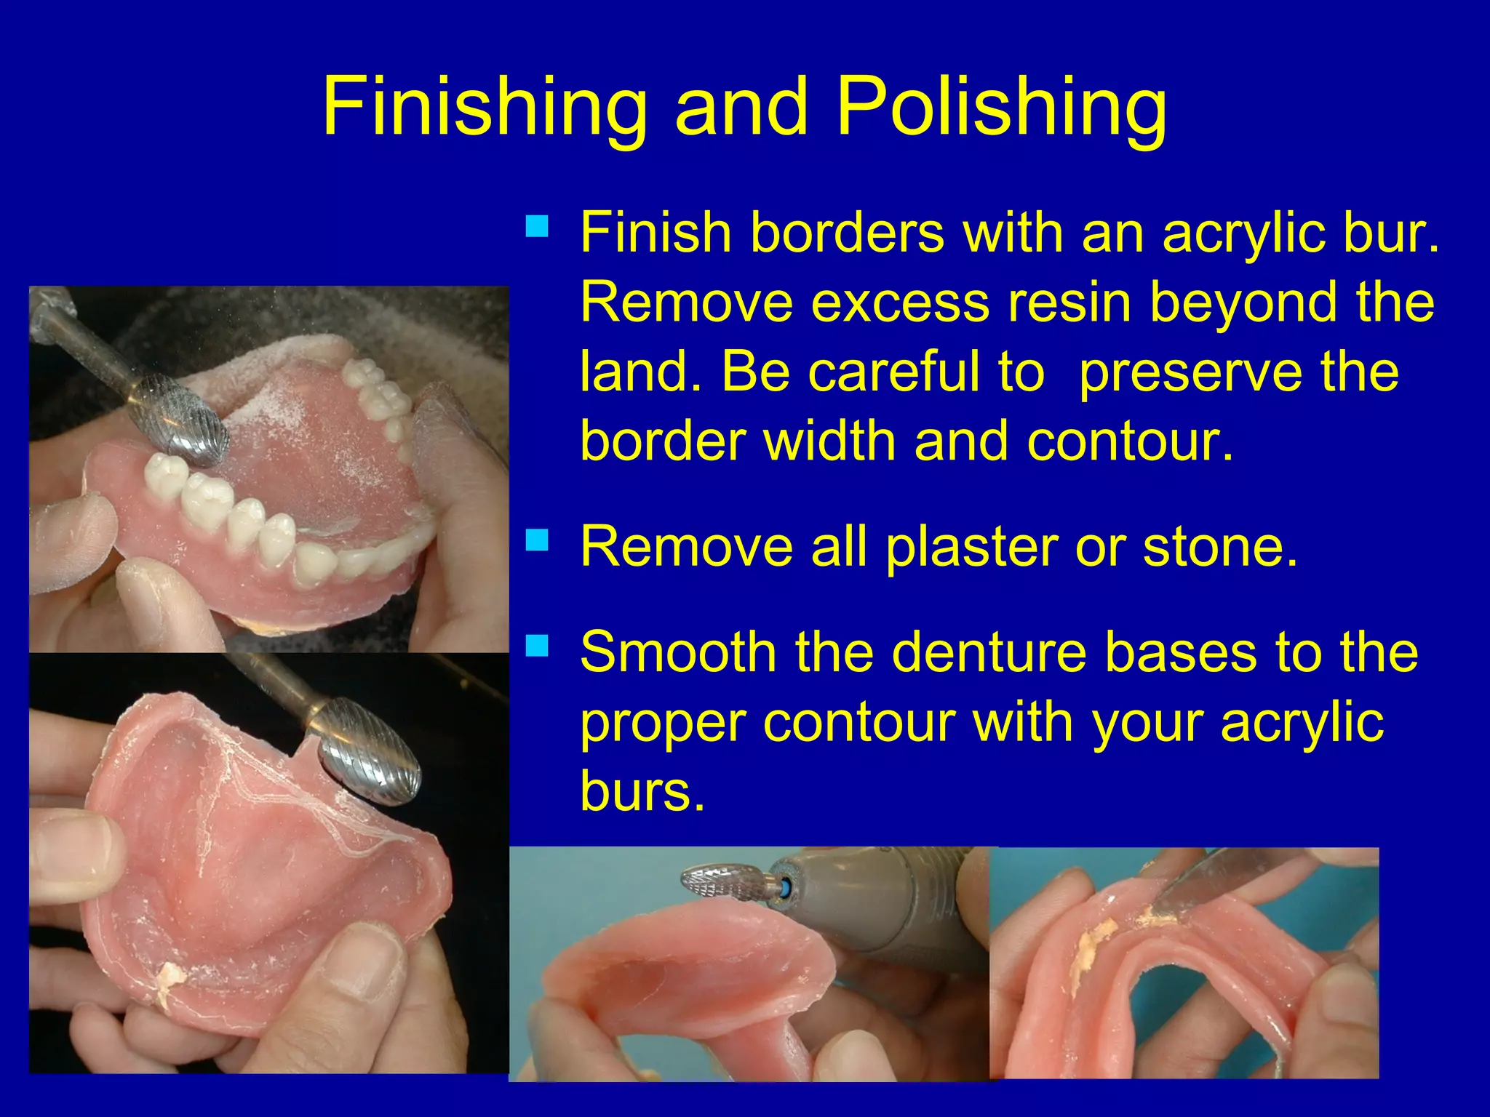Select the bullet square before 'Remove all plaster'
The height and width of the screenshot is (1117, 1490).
pyautogui.click(x=538, y=540)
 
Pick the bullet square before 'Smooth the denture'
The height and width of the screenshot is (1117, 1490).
pyautogui.click(x=538, y=645)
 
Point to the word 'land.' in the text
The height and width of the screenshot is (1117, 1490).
pyautogui.click(x=641, y=372)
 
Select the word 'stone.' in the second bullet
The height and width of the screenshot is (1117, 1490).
pyautogui.click(x=1220, y=547)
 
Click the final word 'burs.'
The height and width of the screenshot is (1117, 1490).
pyautogui.click(x=642, y=790)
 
